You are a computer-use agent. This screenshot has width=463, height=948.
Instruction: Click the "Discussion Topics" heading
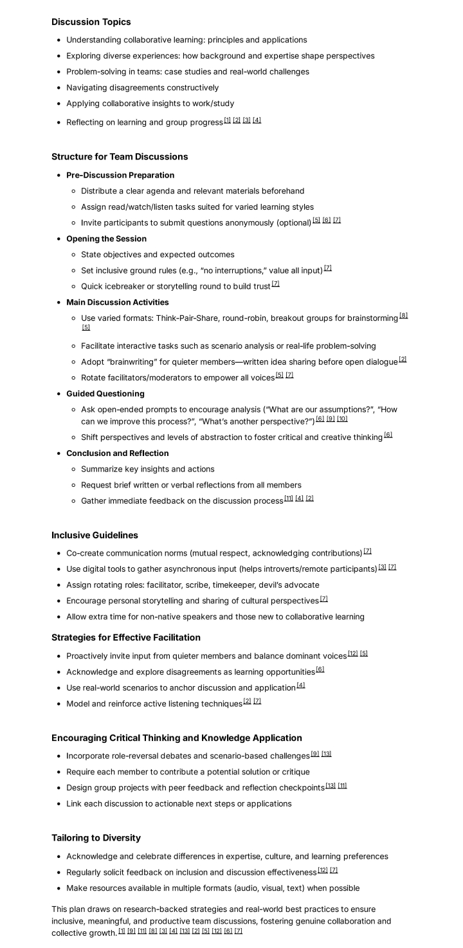91,22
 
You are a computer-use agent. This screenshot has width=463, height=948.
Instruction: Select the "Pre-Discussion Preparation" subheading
120,175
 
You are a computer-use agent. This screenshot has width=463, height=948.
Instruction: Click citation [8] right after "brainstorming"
404,316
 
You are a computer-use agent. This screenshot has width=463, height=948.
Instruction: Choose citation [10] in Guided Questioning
342,419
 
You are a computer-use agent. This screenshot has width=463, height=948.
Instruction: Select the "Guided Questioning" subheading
105,394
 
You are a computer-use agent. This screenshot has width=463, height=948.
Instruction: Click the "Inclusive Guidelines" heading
95,535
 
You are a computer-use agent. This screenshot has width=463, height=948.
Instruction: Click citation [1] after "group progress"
228,120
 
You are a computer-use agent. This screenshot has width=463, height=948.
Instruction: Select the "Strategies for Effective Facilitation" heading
126,637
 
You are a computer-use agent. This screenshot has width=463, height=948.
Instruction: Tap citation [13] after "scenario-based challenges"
327,754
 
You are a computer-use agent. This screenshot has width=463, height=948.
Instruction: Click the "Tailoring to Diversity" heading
96,838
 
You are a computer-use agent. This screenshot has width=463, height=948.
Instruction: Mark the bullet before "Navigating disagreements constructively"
59,87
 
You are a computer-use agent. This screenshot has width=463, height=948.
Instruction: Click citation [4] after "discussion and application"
301,685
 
